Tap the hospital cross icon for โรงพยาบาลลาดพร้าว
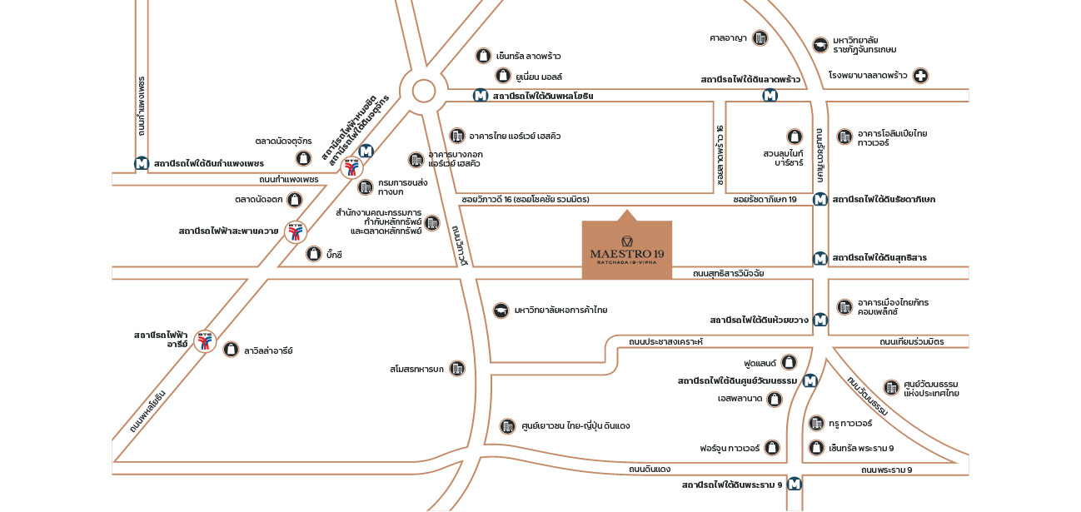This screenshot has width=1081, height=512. pos(920,76)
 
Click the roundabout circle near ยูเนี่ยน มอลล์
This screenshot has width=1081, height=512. pos(424,91)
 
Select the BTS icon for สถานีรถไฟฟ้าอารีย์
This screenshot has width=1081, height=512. pos(205,341)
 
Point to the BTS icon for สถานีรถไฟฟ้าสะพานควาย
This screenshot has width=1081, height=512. pos(295,231)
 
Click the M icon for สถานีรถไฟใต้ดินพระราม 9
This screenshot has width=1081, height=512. pos(795,484)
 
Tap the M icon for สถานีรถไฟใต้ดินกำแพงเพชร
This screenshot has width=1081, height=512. pos(142,163)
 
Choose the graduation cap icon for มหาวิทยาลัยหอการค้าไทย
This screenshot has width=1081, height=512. pos(501,310)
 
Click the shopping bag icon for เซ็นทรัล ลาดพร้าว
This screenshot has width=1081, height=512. pos(482,56)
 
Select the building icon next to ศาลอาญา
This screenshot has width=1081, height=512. pos(760,37)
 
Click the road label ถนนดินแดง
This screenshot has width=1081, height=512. pos(650,470)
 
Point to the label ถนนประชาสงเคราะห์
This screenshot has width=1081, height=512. pos(665,341)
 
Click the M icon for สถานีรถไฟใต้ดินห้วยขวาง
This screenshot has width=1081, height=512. pos(820,319)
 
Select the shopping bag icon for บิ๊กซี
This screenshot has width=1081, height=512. pos(314,255)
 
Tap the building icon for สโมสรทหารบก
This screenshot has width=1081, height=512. pos(457,368)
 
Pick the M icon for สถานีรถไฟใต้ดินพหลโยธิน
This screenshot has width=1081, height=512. pos(481,96)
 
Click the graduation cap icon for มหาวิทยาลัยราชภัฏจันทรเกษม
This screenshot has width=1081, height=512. pos(820,44)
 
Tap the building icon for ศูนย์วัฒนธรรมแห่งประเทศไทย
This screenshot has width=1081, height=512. pos(891,387)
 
